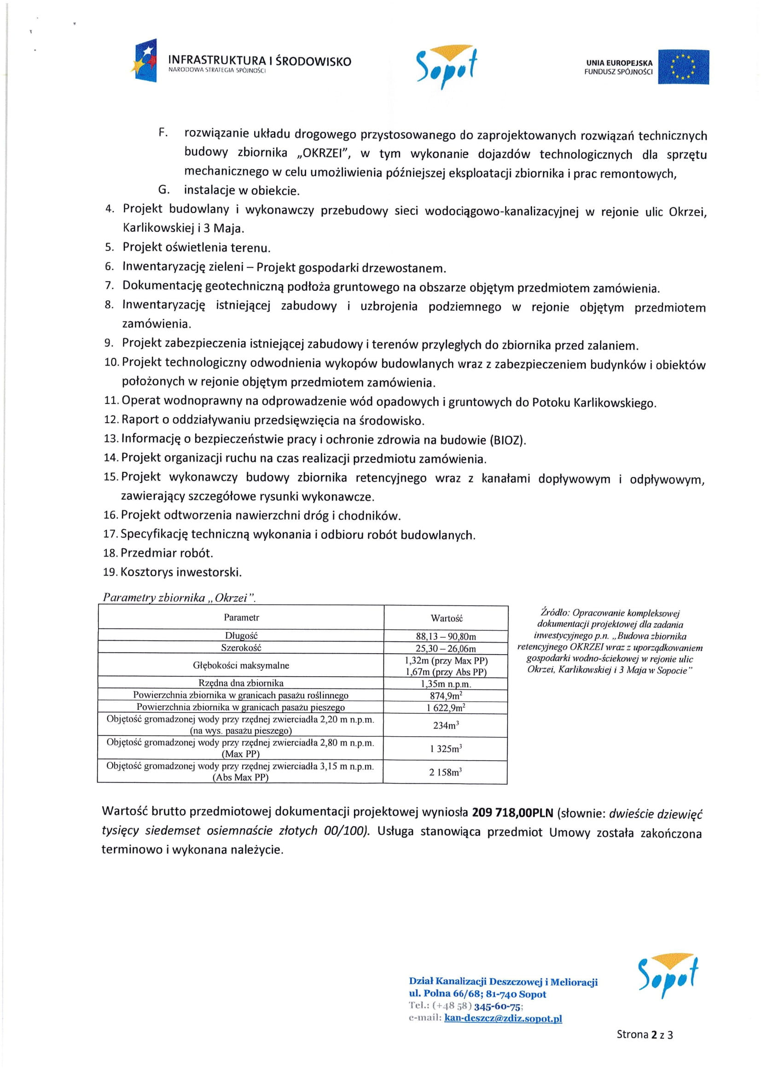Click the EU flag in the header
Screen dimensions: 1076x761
683,67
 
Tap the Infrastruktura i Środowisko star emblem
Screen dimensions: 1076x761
145,61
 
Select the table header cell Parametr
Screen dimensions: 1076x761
241,617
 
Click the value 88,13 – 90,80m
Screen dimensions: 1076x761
446,636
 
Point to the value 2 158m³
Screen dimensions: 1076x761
446,772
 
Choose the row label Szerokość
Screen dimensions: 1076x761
241,648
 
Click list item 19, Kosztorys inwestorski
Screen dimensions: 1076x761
181,572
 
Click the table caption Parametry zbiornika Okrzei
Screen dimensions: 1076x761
179,598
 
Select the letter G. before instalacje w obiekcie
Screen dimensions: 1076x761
163,190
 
